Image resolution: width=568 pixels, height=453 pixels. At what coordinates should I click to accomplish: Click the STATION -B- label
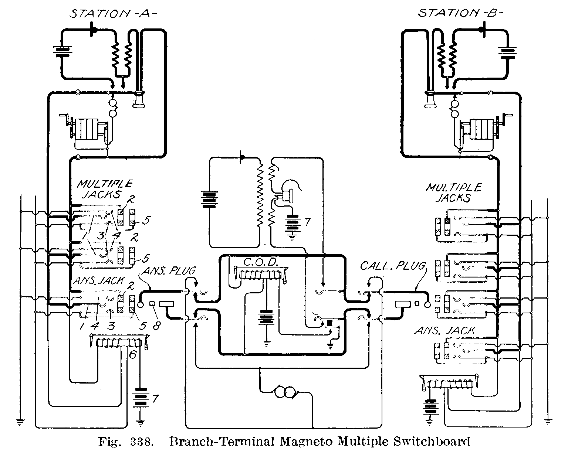[x=460, y=14]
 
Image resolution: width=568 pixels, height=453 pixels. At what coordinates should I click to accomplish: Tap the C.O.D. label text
[x=261, y=263]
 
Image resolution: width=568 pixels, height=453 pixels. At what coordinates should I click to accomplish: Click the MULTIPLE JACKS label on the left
[x=104, y=189]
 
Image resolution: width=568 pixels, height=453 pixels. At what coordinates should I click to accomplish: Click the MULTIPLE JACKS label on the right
[x=453, y=193]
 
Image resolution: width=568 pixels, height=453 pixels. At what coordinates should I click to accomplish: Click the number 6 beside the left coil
[x=133, y=354]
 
